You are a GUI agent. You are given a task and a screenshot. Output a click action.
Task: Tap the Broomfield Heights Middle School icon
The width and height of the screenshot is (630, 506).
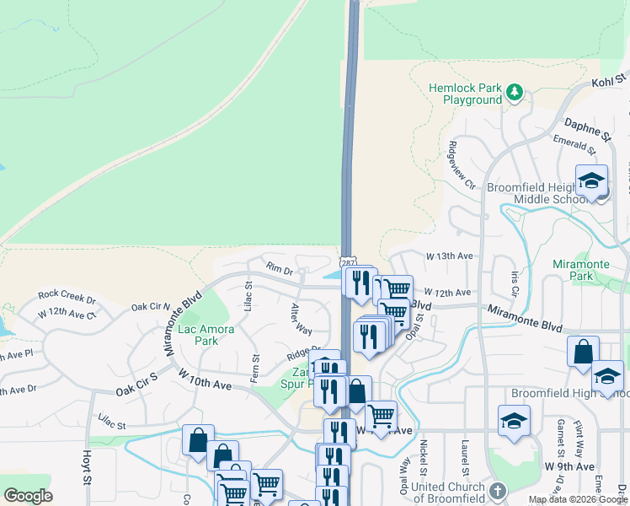click(x=591, y=181)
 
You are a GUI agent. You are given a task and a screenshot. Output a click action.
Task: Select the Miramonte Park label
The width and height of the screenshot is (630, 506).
click(x=581, y=270)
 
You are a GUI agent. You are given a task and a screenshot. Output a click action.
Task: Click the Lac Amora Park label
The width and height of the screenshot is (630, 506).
click(x=199, y=335)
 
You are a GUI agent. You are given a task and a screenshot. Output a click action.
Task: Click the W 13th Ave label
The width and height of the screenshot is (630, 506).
click(x=450, y=256)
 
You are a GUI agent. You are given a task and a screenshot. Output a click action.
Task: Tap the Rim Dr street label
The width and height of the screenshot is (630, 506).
click(x=279, y=269)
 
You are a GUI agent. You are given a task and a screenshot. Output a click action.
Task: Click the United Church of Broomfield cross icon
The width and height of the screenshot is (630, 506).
click(x=498, y=490)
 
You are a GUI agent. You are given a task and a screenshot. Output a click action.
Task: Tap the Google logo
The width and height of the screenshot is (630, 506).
click(x=29, y=496)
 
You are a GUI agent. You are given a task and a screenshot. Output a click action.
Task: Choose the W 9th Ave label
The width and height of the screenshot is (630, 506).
click(x=569, y=466)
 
